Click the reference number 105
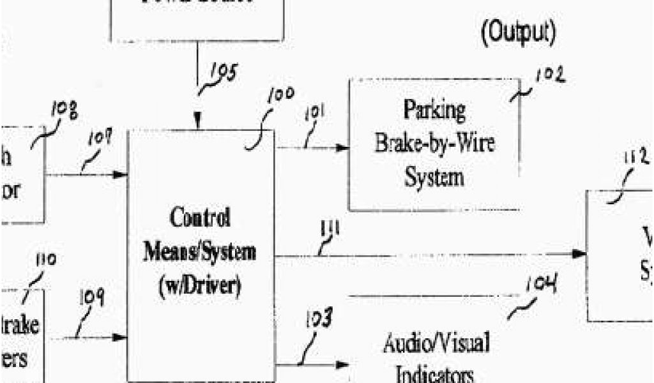tap(222, 74)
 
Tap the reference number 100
tap(280, 95)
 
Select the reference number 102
tap(550, 76)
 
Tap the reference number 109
tap(91, 299)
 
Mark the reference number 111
tap(331, 229)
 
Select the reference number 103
tap(318, 320)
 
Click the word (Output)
tap(517, 31)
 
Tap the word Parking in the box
tap(434, 110)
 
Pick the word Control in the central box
tap(200, 219)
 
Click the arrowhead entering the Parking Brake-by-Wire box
tap(343, 148)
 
